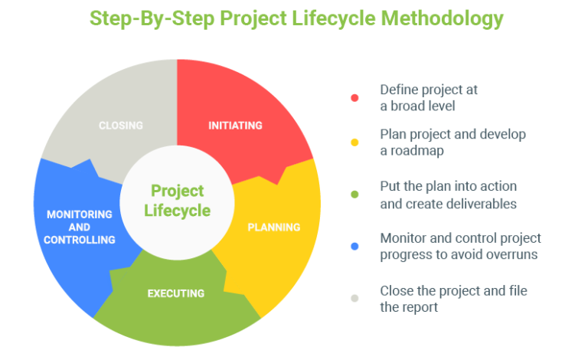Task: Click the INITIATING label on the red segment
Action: pyautogui.click(x=235, y=126)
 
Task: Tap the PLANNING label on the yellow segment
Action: pyautogui.click(x=273, y=227)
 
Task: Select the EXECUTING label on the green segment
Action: pyautogui.click(x=176, y=293)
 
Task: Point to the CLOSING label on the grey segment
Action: pyautogui.click(x=121, y=126)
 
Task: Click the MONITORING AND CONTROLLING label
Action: pyautogui.click(x=79, y=227)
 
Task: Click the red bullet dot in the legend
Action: pyautogui.click(x=354, y=98)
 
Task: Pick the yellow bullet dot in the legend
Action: pyautogui.click(x=354, y=142)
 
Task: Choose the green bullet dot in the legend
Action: pyautogui.click(x=354, y=195)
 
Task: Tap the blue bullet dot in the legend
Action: pyautogui.click(x=354, y=247)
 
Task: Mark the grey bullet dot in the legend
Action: pyautogui.click(x=354, y=299)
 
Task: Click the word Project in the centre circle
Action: pyautogui.click(x=178, y=190)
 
